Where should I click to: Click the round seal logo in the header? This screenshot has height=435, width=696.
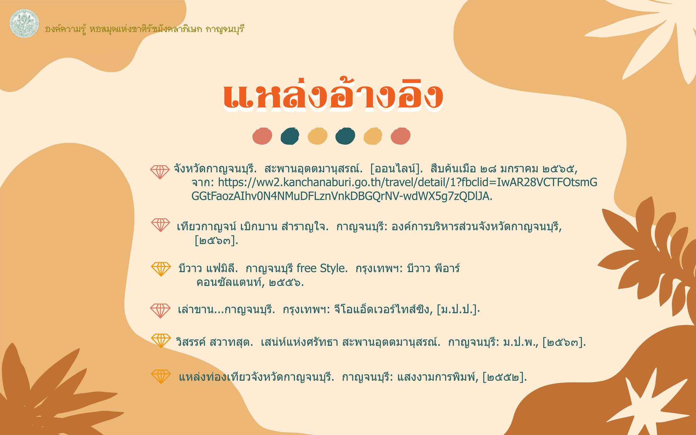[x=24, y=23]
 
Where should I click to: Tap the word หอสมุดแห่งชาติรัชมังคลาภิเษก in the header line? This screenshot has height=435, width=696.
[x=146, y=29]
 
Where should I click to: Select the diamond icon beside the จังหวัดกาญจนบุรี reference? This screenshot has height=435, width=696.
[x=160, y=172]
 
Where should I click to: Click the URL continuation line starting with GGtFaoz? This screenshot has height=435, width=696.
[x=342, y=196]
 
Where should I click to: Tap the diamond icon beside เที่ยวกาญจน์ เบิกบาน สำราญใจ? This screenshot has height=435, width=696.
[x=160, y=225]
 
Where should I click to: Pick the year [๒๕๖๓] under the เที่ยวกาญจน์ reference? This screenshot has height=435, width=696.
[x=216, y=241]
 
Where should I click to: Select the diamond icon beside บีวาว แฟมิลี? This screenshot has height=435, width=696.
[x=161, y=269]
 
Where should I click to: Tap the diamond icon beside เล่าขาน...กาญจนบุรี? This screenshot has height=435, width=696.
[x=160, y=310]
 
